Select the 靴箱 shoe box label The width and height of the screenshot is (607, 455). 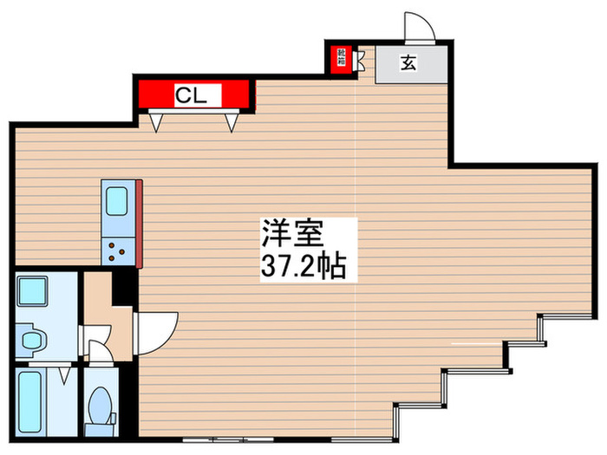coord(341,59)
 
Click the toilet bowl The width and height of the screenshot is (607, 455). coord(101,404)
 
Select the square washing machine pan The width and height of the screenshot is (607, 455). coord(33,289)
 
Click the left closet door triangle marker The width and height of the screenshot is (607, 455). coord(155,122)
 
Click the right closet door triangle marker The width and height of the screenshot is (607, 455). coord(232,122)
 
